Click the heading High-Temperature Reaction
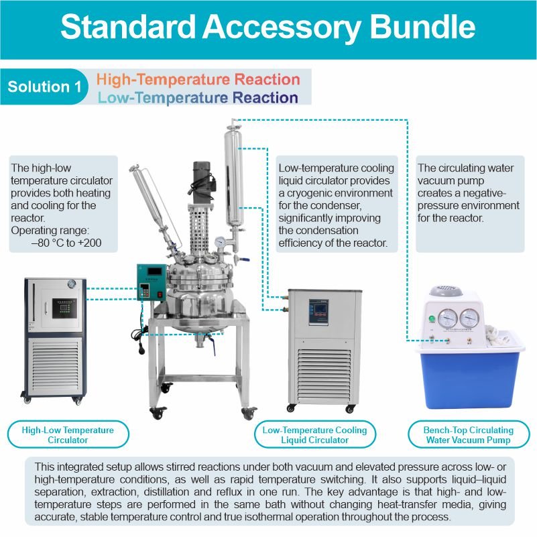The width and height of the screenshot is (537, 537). pos(198,79)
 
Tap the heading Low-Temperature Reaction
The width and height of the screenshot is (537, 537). pos(198,98)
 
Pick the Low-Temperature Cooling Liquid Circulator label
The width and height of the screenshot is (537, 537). pos(314,435)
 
